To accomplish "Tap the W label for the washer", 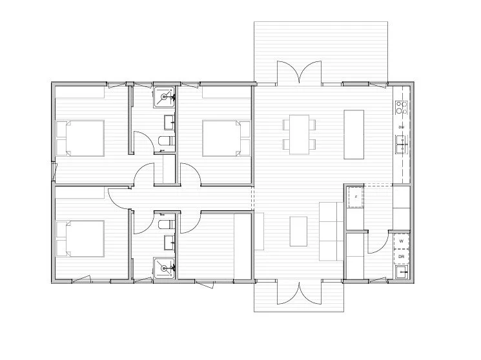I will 401,241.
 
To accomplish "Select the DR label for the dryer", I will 401,256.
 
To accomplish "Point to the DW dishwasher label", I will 401,127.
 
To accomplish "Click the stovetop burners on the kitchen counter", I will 401,107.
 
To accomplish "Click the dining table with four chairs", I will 298,134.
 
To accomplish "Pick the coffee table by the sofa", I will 298,231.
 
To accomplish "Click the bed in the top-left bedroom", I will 80,137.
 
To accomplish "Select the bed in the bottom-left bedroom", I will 80,238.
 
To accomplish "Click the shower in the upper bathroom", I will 164,98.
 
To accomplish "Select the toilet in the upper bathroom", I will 165,141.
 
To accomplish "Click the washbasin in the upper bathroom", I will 169,121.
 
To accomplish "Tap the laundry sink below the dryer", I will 402,274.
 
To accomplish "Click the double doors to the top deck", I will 299,73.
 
